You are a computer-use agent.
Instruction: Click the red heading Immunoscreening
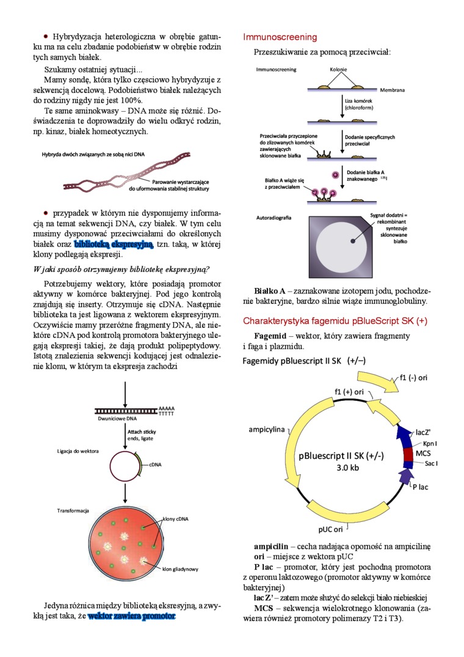click(280, 37)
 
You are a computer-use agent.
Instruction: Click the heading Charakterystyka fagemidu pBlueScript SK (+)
click(335, 320)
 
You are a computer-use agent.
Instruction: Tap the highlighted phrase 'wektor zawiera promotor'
click(131, 616)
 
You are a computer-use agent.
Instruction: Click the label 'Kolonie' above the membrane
click(338, 70)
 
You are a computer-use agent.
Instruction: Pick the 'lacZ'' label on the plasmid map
click(424, 431)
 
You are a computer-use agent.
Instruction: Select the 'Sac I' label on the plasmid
click(431, 463)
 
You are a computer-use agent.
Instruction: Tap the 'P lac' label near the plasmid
click(420, 486)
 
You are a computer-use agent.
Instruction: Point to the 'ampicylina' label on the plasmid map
click(266, 430)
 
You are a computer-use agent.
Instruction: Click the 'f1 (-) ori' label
click(413, 378)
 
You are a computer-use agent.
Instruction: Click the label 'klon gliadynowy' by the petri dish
click(180, 569)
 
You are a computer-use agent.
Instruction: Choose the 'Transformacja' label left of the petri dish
click(73, 510)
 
